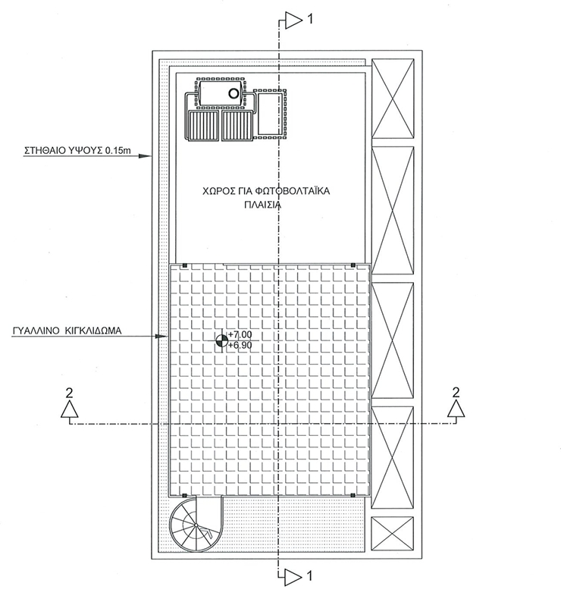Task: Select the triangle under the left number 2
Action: tap(69, 410)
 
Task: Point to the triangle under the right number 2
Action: tap(456, 410)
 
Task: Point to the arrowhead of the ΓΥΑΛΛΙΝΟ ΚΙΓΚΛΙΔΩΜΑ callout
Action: tap(163, 336)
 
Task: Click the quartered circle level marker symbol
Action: tap(221, 340)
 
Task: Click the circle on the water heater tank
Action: tap(234, 94)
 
